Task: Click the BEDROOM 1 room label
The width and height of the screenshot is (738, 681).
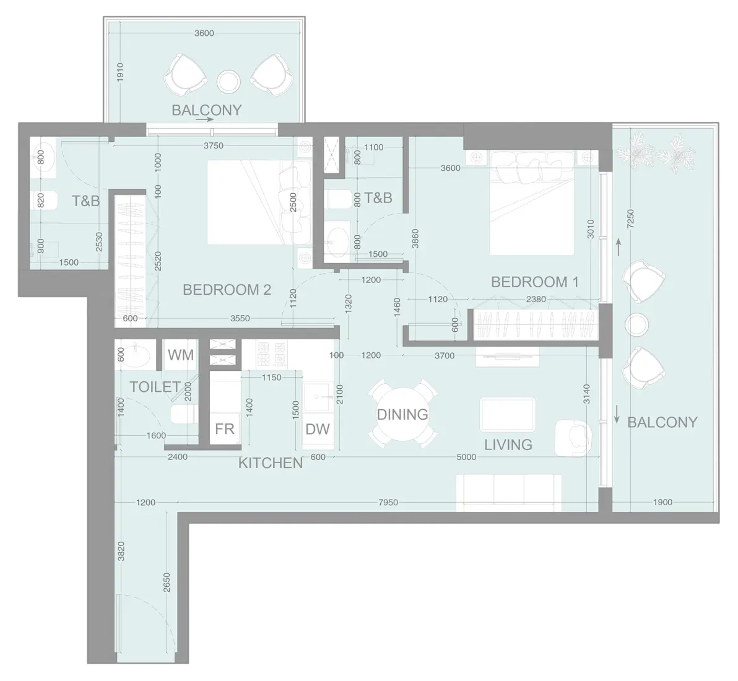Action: (x=534, y=282)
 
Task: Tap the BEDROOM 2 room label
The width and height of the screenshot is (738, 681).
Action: (x=227, y=290)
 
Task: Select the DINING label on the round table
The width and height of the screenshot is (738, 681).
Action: (x=402, y=414)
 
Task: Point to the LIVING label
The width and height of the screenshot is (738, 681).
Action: (x=508, y=445)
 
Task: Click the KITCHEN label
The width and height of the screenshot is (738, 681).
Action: (x=271, y=462)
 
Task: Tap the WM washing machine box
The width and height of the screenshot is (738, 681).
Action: (x=181, y=355)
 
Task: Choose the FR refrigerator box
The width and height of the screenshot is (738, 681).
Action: (x=225, y=428)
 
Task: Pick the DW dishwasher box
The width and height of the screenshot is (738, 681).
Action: (x=318, y=428)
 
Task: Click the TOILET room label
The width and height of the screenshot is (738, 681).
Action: (x=155, y=387)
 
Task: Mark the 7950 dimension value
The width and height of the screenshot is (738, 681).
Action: (x=388, y=503)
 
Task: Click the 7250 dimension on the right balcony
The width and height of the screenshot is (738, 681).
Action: (x=630, y=220)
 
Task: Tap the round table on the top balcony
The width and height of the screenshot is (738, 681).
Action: (x=228, y=80)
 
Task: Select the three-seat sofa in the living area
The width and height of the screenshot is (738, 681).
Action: (x=508, y=492)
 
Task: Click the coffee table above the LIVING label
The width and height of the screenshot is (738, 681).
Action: (x=508, y=415)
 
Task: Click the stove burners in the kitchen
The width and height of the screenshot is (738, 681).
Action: (x=272, y=354)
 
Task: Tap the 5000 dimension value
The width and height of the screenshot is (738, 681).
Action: (x=466, y=457)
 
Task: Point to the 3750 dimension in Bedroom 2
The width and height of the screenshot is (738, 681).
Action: (x=213, y=146)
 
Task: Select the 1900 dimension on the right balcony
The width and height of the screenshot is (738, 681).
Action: (x=662, y=503)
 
